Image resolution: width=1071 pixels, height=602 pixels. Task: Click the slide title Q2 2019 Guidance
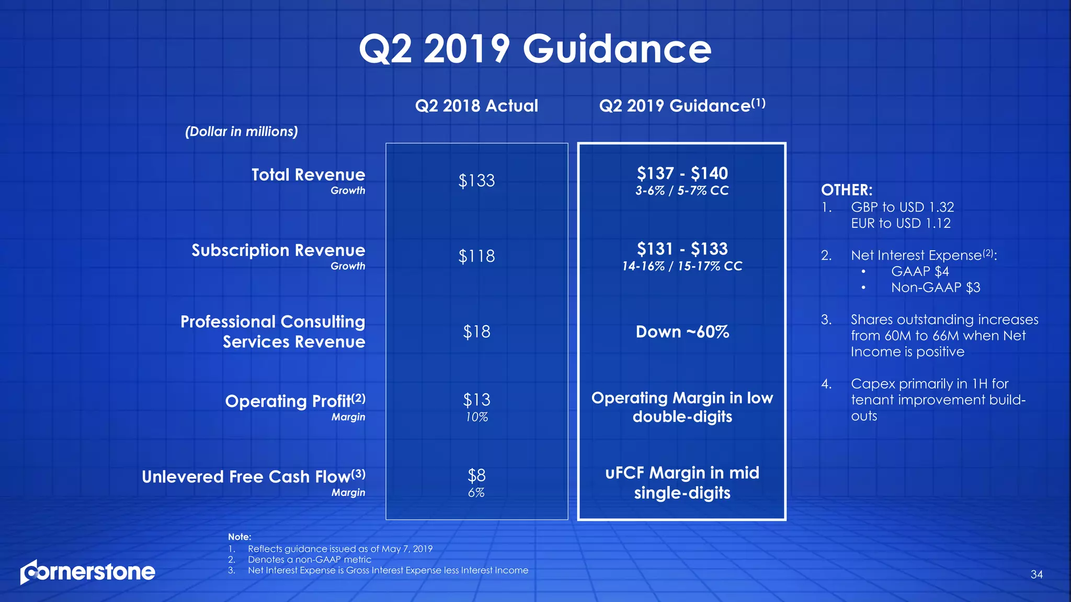click(x=535, y=49)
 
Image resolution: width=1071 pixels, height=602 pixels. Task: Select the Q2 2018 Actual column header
click(x=476, y=106)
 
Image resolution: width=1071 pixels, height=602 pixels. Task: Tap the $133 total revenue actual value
click(x=476, y=181)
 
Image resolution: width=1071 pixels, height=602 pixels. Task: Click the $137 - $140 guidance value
click(x=682, y=173)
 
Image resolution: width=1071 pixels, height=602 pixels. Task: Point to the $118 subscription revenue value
click(x=476, y=256)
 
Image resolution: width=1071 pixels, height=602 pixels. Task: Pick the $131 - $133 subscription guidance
click(x=682, y=249)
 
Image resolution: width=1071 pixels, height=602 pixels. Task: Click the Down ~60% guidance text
click(x=682, y=332)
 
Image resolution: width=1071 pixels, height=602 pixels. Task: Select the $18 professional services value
click(x=476, y=332)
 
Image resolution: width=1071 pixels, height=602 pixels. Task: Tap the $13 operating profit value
click(x=476, y=400)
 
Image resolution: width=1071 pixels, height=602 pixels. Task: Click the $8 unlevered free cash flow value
click(x=476, y=476)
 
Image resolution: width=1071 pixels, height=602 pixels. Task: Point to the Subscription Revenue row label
click(x=278, y=250)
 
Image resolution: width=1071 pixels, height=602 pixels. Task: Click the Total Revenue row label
click(x=308, y=175)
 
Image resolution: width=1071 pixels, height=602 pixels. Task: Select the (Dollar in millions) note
click(x=242, y=132)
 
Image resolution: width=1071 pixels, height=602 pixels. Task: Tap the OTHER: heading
click(x=847, y=190)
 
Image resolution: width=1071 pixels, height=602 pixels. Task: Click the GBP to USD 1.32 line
click(x=902, y=207)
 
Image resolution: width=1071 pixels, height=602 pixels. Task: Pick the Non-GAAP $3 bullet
click(x=935, y=287)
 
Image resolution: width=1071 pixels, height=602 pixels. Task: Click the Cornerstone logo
click(x=88, y=572)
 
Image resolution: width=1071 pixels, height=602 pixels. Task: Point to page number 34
click(x=1036, y=575)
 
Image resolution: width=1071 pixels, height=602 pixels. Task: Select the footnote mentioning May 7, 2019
click(x=340, y=549)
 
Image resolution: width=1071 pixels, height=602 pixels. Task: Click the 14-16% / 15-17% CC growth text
click(x=682, y=267)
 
